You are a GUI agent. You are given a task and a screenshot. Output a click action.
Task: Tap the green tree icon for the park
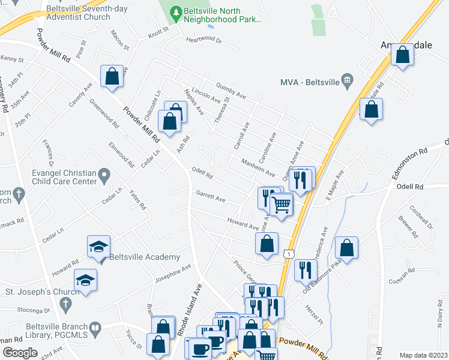175,11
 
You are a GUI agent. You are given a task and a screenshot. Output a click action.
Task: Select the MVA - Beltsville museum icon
346,82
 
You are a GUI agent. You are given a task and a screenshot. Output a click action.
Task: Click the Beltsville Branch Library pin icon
106,328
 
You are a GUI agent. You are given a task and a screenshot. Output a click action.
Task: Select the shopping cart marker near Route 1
281,204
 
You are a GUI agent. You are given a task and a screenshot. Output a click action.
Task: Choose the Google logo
20,353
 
